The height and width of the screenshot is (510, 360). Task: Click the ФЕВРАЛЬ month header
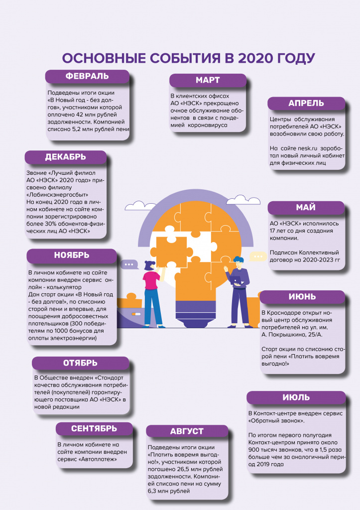pyautogui.click(x=87, y=76)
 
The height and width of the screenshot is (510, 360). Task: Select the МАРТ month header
pyautogui.click(x=208, y=80)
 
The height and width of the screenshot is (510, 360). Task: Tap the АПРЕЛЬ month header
pyautogui.click(x=306, y=104)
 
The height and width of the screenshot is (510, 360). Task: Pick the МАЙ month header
pyautogui.click(x=306, y=208)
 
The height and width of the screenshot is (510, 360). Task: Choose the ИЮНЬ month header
pyautogui.click(x=302, y=297)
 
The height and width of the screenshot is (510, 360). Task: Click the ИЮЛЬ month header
pyautogui.click(x=296, y=397)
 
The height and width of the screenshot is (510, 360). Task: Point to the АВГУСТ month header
pyautogui.click(x=187, y=431)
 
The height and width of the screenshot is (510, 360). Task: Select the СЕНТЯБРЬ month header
pyautogui.click(x=94, y=429)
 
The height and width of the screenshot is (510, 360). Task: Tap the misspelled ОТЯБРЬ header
pyautogui.click(x=80, y=363)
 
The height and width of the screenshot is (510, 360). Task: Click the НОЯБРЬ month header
pyautogui.click(x=72, y=255)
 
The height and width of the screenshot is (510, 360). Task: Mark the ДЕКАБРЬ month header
pyautogui.click(x=65, y=157)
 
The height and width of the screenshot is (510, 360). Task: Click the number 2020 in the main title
pyautogui.click(x=256, y=59)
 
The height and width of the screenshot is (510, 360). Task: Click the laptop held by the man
pyautogui.click(x=236, y=280)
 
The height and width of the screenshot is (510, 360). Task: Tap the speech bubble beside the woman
pyautogui.click(x=129, y=264)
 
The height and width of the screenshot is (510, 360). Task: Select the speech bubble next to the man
pyautogui.click(x=258, y=256)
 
